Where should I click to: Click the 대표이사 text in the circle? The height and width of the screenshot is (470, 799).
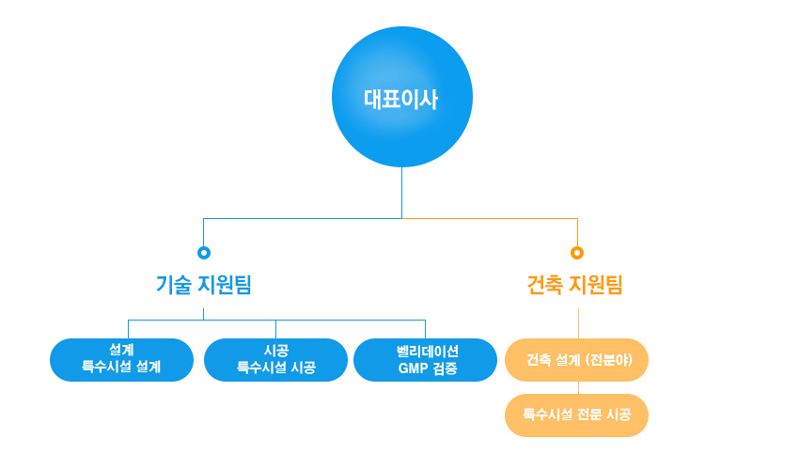(401, 99)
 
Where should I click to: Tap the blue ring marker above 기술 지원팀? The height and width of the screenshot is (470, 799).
(204, 253)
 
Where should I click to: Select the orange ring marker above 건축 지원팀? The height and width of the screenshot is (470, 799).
(577, 253)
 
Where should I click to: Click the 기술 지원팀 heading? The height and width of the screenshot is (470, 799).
(204, 285)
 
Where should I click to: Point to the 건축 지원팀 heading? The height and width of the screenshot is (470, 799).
(575, 285)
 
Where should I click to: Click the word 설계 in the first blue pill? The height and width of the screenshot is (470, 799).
(121, 350)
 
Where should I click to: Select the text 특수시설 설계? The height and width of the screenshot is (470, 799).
(121, 368)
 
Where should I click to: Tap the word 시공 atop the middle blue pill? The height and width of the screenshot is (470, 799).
(275, 350)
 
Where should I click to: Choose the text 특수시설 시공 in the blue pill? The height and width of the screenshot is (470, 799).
(275, 368)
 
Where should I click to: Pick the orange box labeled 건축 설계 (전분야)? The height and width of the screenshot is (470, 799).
(577, 360)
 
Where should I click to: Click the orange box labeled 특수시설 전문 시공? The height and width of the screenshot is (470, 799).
(577, 415)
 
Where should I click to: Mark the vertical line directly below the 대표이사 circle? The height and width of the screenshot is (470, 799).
(402, 193)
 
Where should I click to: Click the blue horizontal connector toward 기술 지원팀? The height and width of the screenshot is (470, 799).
(301, 218)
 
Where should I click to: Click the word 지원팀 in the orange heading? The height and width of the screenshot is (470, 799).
(596, 285)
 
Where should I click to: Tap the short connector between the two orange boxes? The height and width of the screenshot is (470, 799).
(578, 387)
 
